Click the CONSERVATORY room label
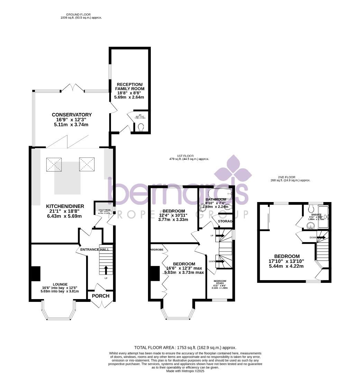click(72, 115)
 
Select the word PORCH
click(101, 296)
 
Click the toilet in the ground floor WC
click(141, 128)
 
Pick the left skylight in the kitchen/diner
click(54, 164)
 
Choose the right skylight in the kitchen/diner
click(87, 164)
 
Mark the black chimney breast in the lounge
click(36, 273)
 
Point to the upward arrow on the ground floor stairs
click(106, 269)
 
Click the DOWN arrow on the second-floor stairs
click(321, 237)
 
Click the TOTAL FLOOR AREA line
click(185, 348)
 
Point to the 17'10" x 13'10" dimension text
click(287, 261)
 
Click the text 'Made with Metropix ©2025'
click(185, 371)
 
